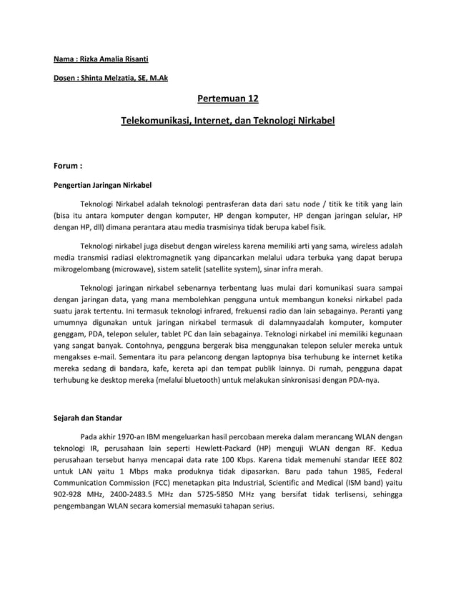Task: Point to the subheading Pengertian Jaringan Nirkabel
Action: (x=103, y=184)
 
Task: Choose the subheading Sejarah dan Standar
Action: (x=88, y=417)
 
